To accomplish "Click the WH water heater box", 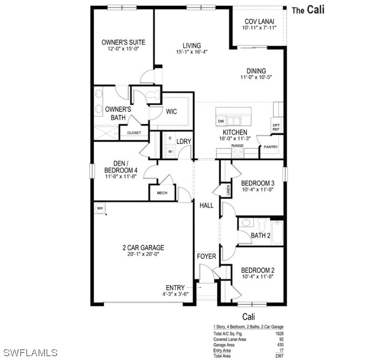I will tap(100, 208).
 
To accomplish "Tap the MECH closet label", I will tap(162, 193).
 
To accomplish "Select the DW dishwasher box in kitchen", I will tap(221, 121).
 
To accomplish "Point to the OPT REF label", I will tap(276, 127).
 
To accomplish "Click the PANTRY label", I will tap(270, 147).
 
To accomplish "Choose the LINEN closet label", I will tap(228, 190).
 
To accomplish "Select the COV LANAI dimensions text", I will tap(259, 28).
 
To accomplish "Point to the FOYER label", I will tap(206, 256).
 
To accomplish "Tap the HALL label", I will tap(206, 205).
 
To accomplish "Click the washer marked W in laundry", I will tap(170, 151).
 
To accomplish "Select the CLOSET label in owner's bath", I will tap(134, 133).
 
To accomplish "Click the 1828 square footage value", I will tap(279, 333).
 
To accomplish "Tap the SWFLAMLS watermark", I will tap(29, 352).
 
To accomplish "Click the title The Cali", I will tap(308, 10).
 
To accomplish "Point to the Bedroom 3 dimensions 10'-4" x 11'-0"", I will tap(257, 190).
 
